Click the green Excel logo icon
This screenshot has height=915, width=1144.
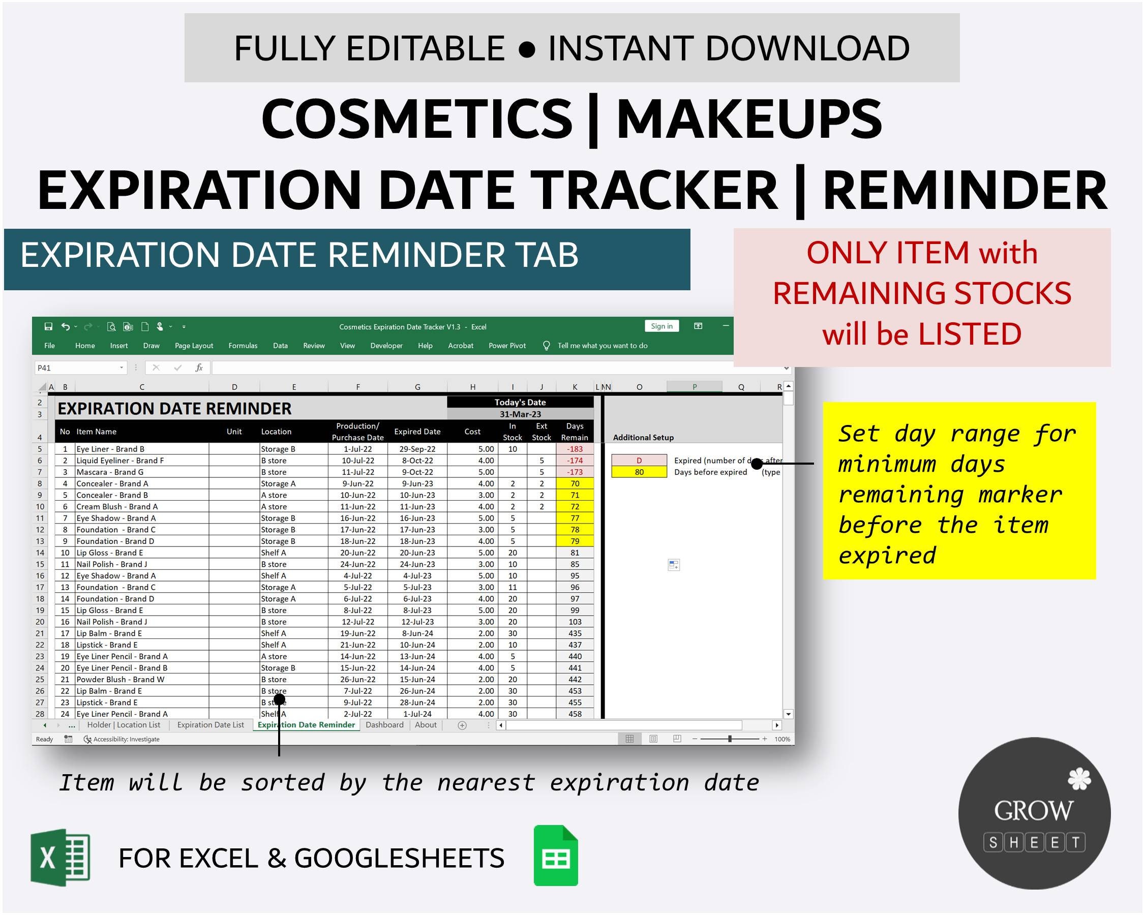tap(61, 857)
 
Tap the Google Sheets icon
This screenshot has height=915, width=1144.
tap(556, 855)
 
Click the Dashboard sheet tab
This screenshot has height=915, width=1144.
tap(384, 724)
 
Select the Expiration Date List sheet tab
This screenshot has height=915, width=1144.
tap(210, 724)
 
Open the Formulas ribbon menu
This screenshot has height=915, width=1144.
tap(243, 345)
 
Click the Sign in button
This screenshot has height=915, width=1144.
tap(661, 326)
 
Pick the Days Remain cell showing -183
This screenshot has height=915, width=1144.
tap(575, 449)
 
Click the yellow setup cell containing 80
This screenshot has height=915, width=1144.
tap(639, 472)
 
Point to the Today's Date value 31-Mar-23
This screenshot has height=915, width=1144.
tap(520, 414)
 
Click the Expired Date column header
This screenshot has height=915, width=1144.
tap(417, 431)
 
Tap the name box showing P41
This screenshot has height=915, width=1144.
tap(77, 368)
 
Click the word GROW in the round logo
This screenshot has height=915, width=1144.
tap(1033, 810)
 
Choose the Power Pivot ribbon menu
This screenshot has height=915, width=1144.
tap(507, 345)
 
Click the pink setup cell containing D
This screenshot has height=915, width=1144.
tap(639, 461)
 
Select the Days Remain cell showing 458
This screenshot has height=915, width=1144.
tap(575, 714)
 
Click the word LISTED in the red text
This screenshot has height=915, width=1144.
tap(970, 334)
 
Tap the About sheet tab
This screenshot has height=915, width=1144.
tap(426, 724)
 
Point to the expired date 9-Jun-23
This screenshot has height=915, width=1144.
tap(417, 483)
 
